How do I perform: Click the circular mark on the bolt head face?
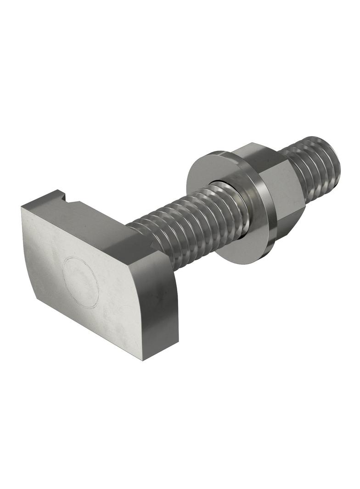click(x=80, y=282)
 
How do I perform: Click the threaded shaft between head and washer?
click(x=193, y=225)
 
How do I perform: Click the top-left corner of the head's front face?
click(x=22, y=207)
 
